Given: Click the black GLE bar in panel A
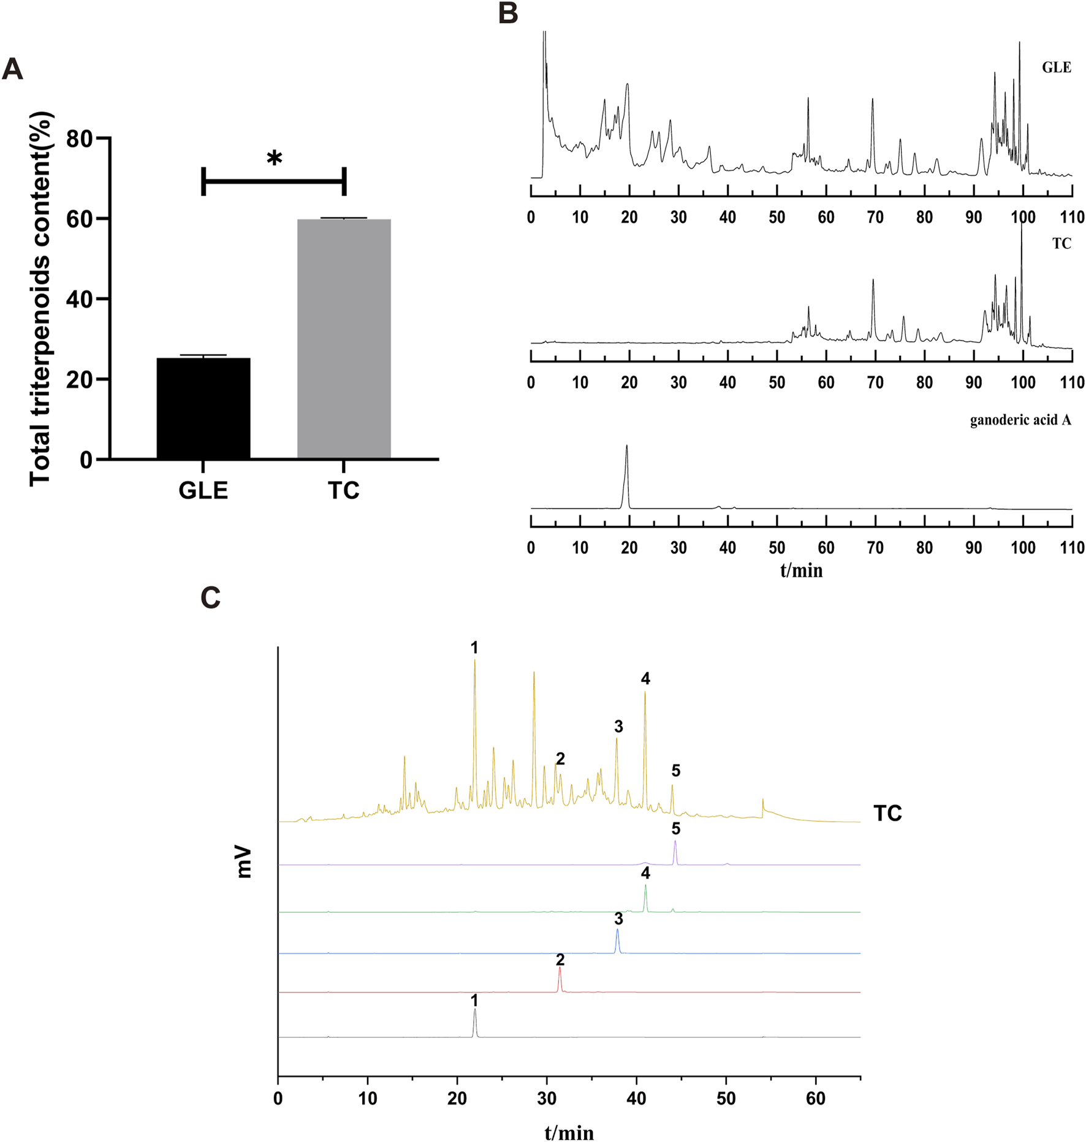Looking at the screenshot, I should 203,409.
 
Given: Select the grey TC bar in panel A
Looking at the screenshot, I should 344,339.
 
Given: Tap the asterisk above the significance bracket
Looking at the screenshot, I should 275,158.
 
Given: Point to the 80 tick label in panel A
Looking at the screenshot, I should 79,139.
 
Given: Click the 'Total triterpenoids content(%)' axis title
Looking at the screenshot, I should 40,298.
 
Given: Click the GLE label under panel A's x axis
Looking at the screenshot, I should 203,491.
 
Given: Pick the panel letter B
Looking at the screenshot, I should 508,13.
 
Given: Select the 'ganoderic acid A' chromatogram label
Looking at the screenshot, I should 1020,420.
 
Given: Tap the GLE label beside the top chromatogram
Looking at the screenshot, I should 1057,67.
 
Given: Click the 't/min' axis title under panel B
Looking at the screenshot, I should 801,570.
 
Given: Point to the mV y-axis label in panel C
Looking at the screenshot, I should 244,862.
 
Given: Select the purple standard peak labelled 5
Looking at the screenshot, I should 675,852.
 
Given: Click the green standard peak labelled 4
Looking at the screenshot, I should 645,898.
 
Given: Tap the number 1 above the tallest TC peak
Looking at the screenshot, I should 474,648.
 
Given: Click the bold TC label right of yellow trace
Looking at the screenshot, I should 887,814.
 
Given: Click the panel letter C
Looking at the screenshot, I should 210,598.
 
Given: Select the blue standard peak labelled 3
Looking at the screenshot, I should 618,941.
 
